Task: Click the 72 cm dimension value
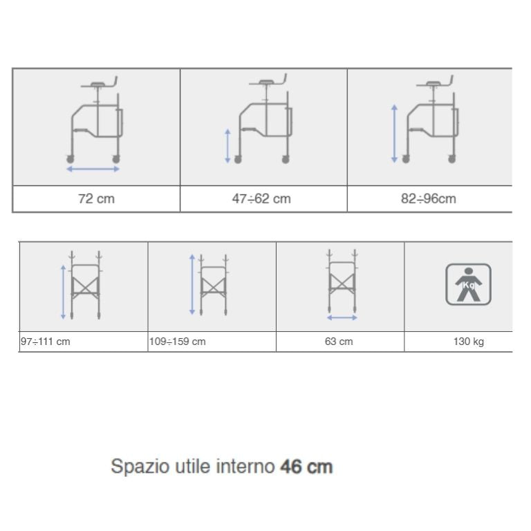tap(97, 199)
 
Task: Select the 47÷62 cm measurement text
tap(261, 199)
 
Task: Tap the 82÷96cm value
tap(429, 199)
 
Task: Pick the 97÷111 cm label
tap(46, 342)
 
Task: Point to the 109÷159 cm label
tap(178, 342)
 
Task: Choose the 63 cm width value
tap(339, 342)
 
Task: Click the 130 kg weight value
tap(469, 342)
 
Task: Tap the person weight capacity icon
tap(468, 284)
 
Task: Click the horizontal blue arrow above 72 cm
tap(93, 169)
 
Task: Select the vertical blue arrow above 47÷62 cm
tap(228, 146)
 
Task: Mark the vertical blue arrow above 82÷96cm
tap(394, 133)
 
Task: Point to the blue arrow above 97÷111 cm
tap(63, 292)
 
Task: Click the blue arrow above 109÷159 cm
tap(192, 284)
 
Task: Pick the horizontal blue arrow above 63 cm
tap(342, 317)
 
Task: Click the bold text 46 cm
tap(306, 467)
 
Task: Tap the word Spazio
tap(140, 467)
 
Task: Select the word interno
tap(245, 466)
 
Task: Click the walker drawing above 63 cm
tap(342, 281)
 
